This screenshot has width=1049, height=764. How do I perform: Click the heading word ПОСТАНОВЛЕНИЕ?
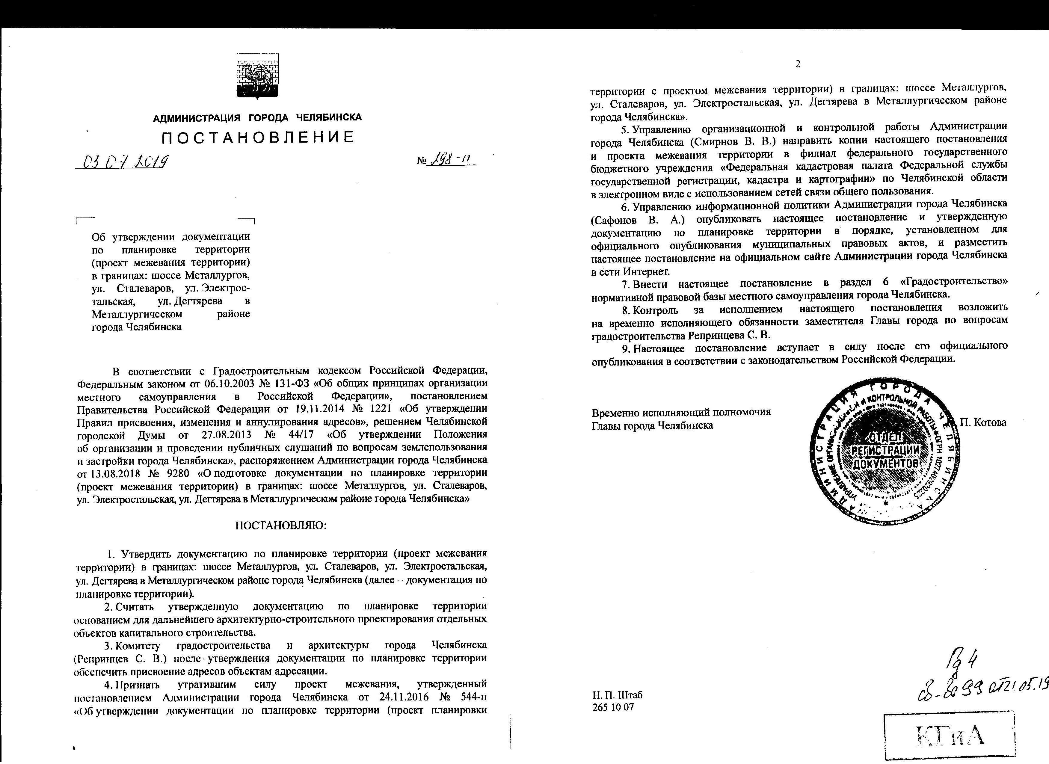coord(258,137)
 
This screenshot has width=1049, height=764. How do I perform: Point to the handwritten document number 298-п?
coord(451,161)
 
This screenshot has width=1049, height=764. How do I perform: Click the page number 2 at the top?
coord(797,64)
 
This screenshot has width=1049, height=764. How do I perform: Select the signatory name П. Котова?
coord(983,422)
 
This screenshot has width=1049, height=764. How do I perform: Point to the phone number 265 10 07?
coord(613,720)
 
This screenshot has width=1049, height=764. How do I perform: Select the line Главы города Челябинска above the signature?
coord(652,425)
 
